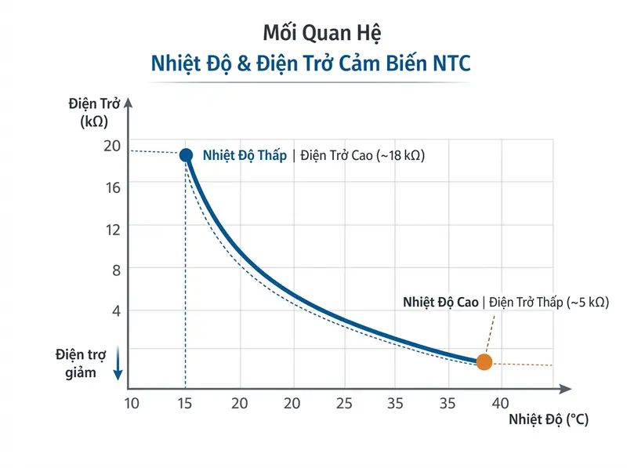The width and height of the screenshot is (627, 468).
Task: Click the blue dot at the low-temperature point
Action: pos(186,154)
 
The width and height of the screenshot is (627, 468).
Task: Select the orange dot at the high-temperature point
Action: pos(484,361)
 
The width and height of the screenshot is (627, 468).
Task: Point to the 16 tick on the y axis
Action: pos(111,186)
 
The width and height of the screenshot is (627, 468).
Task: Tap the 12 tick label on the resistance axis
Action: pos(111,229)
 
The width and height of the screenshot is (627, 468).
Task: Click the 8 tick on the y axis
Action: pos(114,270)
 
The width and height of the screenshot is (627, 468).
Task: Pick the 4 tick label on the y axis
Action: pos(114,310)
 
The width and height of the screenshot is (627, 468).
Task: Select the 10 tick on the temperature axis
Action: pos(132,404)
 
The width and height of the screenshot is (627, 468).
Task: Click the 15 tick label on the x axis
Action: pos(186,404)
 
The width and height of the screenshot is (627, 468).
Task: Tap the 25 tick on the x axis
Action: pos(343,404)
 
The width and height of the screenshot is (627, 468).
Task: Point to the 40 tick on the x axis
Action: pos(500,404)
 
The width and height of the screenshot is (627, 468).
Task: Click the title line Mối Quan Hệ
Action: pos(313,34)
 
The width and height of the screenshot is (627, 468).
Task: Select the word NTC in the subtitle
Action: pos(451,63)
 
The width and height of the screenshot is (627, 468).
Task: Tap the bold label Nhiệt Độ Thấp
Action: pos(245,155)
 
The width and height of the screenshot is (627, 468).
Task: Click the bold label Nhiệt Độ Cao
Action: pos(440,302)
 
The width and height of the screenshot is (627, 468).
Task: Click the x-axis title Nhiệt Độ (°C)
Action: pos(548,419)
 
